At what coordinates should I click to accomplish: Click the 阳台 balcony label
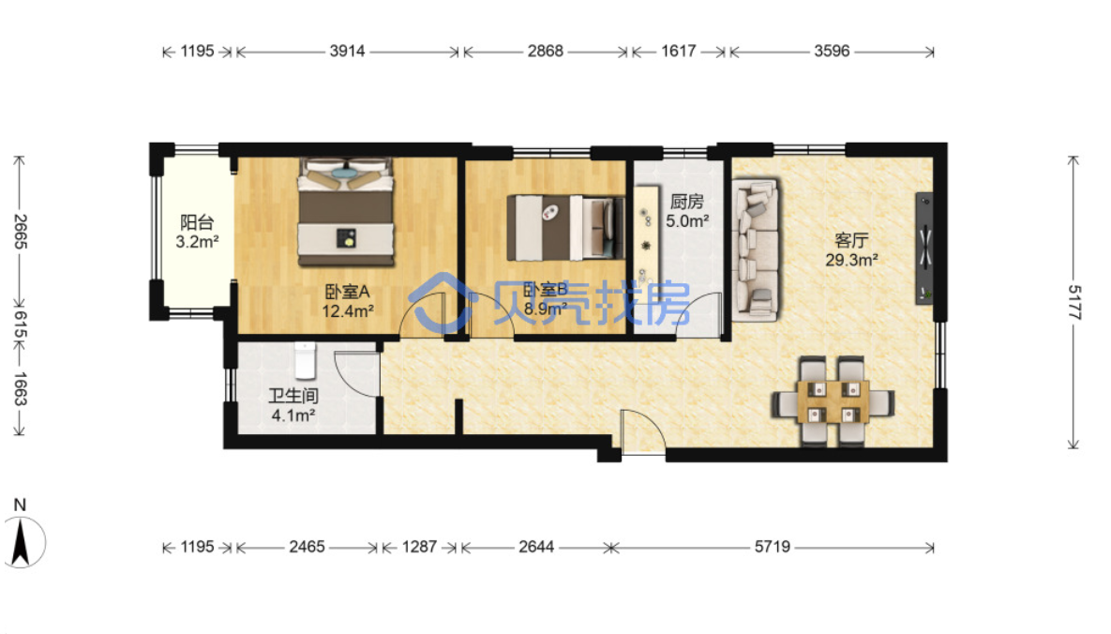click(x=197, y=222)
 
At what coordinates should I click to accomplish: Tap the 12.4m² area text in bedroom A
click(x=348, y=310)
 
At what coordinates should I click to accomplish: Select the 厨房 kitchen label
click(x=686, y=203)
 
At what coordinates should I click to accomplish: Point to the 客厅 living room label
click(x=851, y=240)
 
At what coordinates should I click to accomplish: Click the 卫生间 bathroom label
click(x=293, y=396)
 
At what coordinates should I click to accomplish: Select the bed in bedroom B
click(x=565, y=228)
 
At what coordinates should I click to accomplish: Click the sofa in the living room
click(x=756, y=249)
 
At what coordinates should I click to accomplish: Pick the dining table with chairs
click(x=832, y=401)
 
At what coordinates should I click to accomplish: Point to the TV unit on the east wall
click(x=923, y=249)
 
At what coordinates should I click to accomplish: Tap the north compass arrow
click(x=20, y=542)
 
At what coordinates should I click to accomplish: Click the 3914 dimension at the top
click(x=347, y=51)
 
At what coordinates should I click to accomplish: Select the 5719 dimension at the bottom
click(x=773, y=547)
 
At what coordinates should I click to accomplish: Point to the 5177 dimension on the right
click(x=1074, y=303)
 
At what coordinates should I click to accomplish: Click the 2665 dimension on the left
click(x=20, y=232)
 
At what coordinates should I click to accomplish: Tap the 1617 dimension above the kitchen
click(x=679, y=51)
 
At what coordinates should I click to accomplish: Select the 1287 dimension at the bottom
click(x=419, y=547)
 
